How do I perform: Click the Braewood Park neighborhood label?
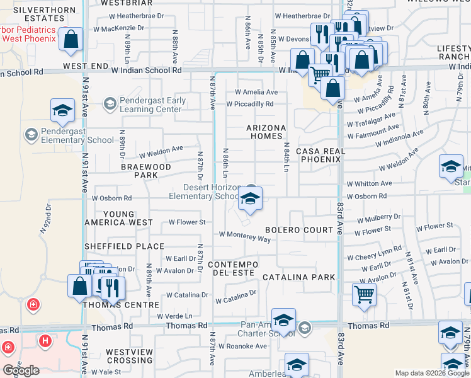pos(146,171)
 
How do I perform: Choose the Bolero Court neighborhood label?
pos(299,230)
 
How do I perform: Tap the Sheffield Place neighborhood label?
pos(134,246)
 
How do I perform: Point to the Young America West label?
pos(128,218)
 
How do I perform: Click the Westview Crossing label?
pos(129,356)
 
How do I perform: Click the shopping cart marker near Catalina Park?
pos(365,295)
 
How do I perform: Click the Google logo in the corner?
pos(21,370)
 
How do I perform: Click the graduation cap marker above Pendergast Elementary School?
pos(62,112)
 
